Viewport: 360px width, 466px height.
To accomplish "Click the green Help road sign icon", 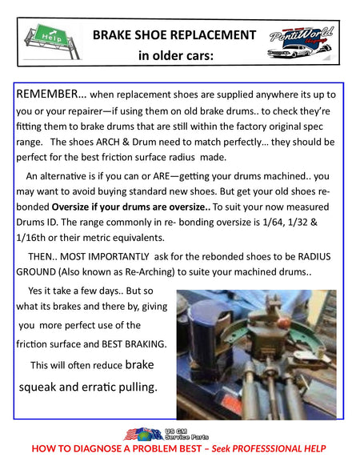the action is tap(52, 42).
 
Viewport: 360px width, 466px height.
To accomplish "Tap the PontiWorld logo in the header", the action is tap(301, 42).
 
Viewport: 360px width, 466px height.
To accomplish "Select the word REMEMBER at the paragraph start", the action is tap(46, 94).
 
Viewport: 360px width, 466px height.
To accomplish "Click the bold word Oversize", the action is tap(70, 207).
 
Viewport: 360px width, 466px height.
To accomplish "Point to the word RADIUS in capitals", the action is tap(314, 256).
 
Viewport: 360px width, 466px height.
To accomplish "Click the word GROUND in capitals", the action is tap(36, 272).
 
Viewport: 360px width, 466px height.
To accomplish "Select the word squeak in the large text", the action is tap(38, 388).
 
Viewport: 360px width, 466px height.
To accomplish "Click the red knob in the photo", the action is tap(284, 322).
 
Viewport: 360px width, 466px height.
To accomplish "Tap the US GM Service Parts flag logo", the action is tap(166, 434).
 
